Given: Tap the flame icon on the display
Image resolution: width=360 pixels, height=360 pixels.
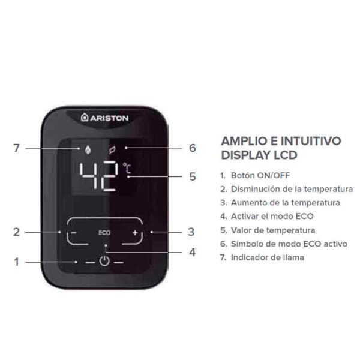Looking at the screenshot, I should pos(80,147).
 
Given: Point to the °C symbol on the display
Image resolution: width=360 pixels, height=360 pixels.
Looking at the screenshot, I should pos(127,170).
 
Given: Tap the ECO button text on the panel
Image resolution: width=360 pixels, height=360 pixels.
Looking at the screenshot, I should pos(104,232).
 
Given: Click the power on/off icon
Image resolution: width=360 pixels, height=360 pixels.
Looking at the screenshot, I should pos(104,262).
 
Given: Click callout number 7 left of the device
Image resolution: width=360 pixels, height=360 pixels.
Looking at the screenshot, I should pos(16,148).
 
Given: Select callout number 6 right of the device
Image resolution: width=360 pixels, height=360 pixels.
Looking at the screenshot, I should pos(192,148).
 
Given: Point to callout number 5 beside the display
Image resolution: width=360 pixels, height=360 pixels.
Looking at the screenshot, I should pos(192,177).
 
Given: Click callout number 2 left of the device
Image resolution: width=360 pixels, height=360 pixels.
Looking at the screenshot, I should pos(16,232).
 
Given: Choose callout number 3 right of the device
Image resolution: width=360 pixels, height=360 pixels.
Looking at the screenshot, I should pos(191,232).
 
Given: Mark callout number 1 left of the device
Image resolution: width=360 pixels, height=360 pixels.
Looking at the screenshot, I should pos(16,262).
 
